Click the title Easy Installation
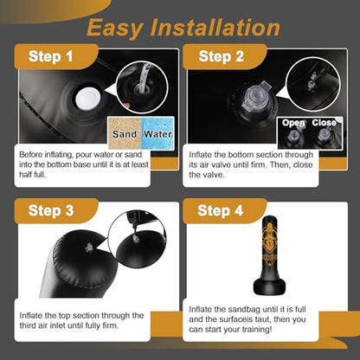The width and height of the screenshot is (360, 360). [183, 29]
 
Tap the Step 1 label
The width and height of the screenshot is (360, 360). [51, 56]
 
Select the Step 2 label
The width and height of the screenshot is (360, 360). [222, 56]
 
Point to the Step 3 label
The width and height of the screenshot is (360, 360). [51, 210]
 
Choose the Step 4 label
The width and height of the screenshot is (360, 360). [221, 210]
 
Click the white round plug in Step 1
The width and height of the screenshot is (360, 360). [88, 98]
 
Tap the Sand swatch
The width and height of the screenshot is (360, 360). [125, 133]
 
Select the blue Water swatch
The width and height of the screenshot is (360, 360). [157, 133]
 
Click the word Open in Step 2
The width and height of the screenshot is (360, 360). [293, 123]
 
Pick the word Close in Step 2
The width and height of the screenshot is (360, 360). [325, 123]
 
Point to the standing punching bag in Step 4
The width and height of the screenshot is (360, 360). [269, 254]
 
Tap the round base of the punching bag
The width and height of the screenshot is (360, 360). [269, 286]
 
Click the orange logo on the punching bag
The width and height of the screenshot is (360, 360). [269, 241]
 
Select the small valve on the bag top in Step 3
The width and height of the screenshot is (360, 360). [89, 247]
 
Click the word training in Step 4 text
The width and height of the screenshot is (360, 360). [257, 330]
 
